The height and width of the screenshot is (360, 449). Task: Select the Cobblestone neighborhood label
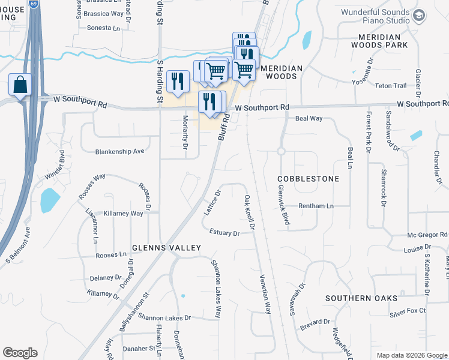(308, 179)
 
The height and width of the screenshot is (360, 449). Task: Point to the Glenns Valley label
(167, 248)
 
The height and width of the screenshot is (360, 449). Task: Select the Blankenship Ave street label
(119, 152)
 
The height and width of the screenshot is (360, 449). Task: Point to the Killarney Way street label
(123, 214)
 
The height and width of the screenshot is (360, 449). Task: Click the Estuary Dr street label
(224, 232)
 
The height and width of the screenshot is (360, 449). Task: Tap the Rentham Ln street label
(316, 206)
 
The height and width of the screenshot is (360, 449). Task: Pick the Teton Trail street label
(391, 86)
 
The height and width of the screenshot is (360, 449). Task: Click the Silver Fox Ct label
(407, 311)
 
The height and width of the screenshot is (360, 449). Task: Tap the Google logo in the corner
(20, 353)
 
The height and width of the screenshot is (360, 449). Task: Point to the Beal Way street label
(309, 119)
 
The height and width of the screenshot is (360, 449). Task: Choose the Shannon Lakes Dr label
(164, 317)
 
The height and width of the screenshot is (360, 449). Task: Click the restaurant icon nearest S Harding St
(177, 82)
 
